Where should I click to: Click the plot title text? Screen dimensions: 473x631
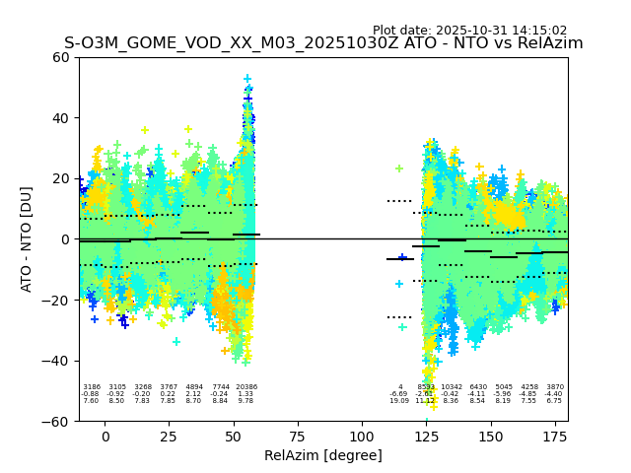point(323,43)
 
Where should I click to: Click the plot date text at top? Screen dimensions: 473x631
point(469,31)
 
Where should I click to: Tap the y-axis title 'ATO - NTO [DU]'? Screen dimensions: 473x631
point(27,239)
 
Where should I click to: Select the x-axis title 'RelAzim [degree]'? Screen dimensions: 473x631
point(323,455)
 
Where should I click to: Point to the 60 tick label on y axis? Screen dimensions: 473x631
point(61,57)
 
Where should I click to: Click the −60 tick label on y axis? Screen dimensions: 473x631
point(57,422)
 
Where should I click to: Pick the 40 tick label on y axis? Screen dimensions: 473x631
point(61,118)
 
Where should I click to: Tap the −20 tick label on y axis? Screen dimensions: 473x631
point(57,301)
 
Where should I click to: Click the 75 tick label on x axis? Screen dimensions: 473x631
point(298,437)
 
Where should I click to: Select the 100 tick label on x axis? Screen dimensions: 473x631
point(362,437)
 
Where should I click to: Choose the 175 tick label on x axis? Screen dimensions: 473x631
point(555,437)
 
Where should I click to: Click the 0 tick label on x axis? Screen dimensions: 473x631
point(105,437)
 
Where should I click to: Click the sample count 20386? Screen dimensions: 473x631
point(245,387)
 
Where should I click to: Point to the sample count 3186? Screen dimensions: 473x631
point(91,387)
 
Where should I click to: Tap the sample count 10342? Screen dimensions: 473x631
point(452,387)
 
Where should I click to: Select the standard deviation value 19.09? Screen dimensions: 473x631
point(399,401)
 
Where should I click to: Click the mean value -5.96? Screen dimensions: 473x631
point(503,394)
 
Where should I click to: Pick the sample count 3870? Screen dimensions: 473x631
point(555,387)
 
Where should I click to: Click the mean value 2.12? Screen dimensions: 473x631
point(194,394)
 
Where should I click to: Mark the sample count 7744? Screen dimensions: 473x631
point(220,387)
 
